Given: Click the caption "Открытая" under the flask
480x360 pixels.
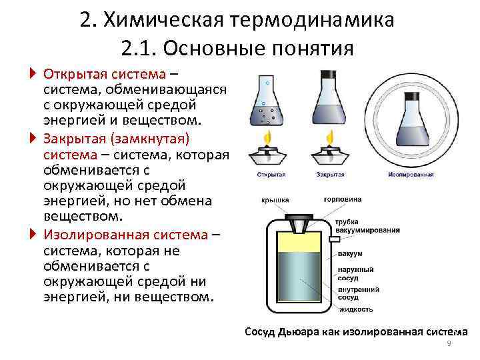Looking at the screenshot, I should [x=271, y=175].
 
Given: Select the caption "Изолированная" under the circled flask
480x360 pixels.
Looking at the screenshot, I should [x=411, y=175].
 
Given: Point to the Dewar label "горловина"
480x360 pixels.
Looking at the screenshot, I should [x=343, y=199].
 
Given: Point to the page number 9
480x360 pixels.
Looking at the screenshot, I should [x=449, y=343].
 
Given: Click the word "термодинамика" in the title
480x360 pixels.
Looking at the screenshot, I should [x=314, y=20].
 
